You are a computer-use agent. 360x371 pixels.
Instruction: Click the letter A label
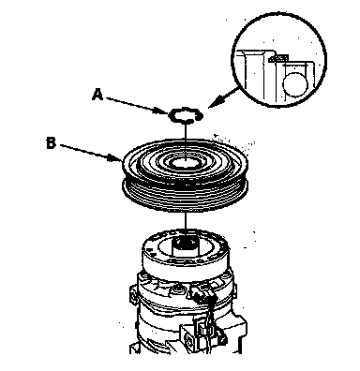[97, 95]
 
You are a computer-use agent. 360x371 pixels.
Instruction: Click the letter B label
[51, 143]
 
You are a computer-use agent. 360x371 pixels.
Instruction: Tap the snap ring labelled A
[186, 115]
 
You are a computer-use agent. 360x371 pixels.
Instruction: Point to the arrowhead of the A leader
[164, 111]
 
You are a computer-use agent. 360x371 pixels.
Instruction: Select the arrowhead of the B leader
[115, 158]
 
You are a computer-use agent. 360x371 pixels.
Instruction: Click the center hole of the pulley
[186, 163]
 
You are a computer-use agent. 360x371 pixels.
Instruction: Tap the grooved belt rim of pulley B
[185, 194]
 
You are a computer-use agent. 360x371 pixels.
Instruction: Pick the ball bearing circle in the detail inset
[295, 84]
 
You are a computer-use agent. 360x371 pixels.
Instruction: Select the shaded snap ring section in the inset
[278, 58]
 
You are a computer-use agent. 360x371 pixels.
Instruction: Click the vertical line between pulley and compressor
[186, 224]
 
